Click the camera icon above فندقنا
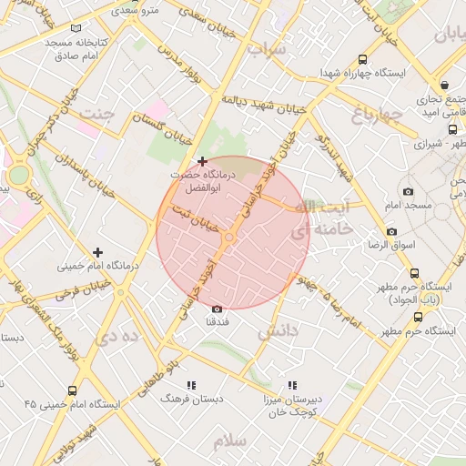click(217, 309)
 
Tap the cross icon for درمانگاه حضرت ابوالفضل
click(202, 161)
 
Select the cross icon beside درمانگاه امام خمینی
click(98, 252)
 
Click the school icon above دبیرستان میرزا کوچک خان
click(292, 386)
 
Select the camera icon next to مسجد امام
click(408, 191)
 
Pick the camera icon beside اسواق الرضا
click(391, 231)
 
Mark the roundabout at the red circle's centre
click(229, 238)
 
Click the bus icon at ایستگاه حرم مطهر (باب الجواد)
click(415, 273)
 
